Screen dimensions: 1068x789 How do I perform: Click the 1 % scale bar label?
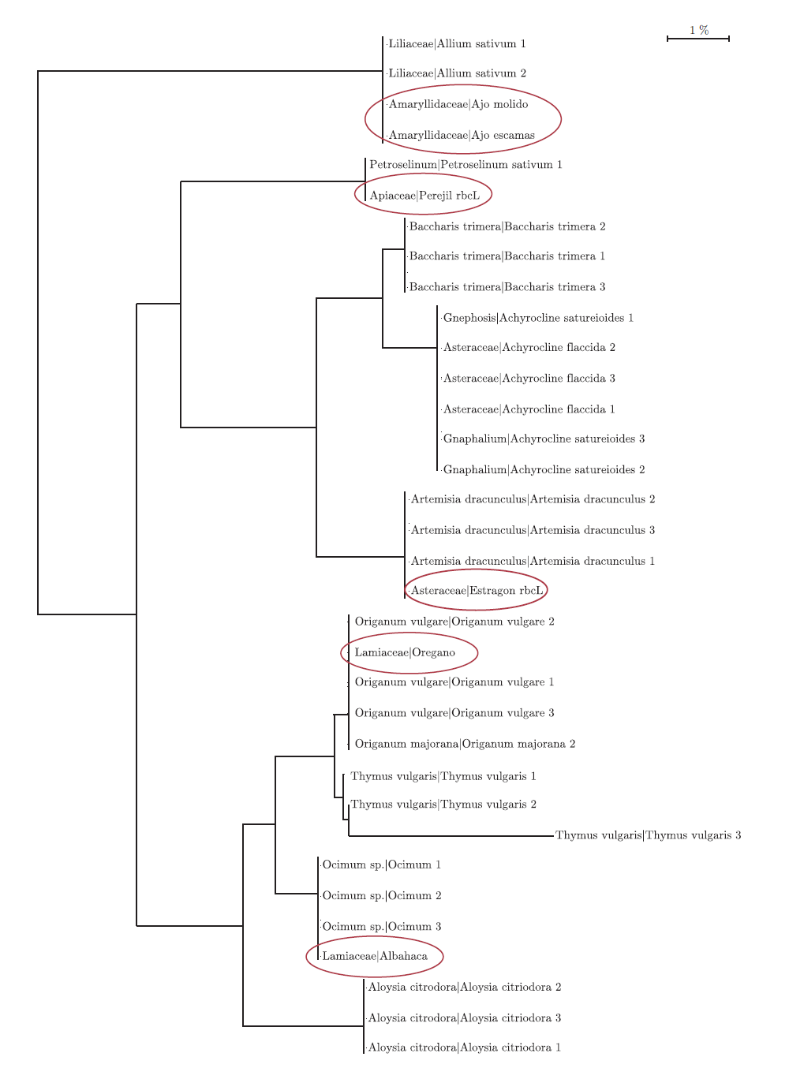pos(699,31)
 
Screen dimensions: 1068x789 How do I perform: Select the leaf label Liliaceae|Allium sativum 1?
pos(457,44)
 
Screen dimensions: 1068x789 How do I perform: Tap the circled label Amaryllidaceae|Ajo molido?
pos(458,104)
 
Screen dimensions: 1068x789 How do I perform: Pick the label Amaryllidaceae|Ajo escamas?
pos(462,136)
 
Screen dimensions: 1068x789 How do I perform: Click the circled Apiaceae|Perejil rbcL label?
pos(424,196)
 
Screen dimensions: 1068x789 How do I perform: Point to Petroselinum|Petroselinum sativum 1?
pos(466,165)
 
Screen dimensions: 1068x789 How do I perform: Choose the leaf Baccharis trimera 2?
pos(507,227)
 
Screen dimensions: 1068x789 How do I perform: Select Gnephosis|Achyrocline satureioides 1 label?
pos(538,319)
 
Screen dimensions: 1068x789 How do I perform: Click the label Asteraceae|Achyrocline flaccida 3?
pos(529,379)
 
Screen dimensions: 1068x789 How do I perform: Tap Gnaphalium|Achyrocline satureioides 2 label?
pos(544,470)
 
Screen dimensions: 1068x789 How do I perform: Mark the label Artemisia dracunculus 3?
pos(533,531)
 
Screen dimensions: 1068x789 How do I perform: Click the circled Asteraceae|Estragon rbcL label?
pos(477,591)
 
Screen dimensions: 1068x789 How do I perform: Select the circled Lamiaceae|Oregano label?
pos(405,653)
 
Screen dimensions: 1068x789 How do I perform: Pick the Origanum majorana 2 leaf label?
pos(465,745)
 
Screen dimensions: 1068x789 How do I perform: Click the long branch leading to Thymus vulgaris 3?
pos(451,836)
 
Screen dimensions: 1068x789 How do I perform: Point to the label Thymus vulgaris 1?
pos(443,777)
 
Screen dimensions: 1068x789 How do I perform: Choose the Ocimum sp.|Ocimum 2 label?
pos(382,896)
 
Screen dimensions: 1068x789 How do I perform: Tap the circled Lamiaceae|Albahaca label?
pos(375,957)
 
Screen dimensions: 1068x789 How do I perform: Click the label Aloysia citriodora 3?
pos(465,1018)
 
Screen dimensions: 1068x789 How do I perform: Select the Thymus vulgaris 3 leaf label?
pos(648,836)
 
